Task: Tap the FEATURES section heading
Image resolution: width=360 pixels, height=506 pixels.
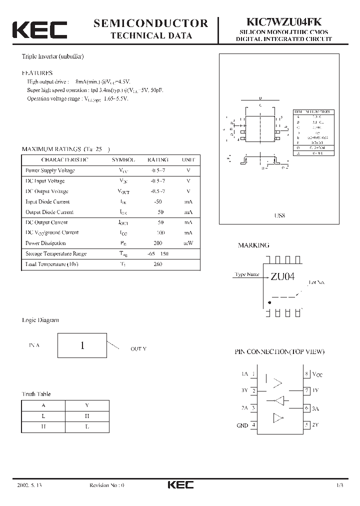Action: pyautogui.click(x=37, y=72)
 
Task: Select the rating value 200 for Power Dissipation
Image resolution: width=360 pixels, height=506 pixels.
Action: pyautogui.click(x=158, y=243)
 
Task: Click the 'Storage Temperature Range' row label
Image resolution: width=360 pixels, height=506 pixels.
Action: pyautogui.click(x=56, y=254)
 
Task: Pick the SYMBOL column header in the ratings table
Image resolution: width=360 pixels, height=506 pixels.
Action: pyautogui.click(x=123, y=160)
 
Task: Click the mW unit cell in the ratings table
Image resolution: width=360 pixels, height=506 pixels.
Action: pyautogui.click(x=188, y=243)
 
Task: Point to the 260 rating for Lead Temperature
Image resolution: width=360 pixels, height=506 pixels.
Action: pyautogui.click(x=158, y=264)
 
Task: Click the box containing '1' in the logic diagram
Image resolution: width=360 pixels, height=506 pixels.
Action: pyautogui.click(x=82, y=345)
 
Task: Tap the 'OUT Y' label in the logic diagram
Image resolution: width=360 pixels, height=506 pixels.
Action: pyautogui.click(x=138, y=348)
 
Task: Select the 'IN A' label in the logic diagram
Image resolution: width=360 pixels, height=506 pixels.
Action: pyautogui.click(x=34, y=345)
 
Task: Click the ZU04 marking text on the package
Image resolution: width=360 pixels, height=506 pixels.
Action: pyautogui.click(x=283, y=277)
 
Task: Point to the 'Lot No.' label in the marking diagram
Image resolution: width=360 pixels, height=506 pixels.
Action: pyautogui.click(x=316, y=282)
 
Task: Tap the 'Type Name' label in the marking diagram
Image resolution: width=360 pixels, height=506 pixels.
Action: pyautogui.click(x=246, y=274)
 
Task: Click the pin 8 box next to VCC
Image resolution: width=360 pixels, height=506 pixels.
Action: pyautogui.click(x=306, y=373)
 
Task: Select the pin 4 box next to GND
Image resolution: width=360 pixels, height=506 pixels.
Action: pyautogui.click(x=254, y=425)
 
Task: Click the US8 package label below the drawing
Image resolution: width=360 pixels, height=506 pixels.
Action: pyautogui.click(x=279, y=216)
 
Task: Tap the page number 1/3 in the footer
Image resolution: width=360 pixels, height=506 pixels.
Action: pyautogui.click(x=340, y=485)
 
